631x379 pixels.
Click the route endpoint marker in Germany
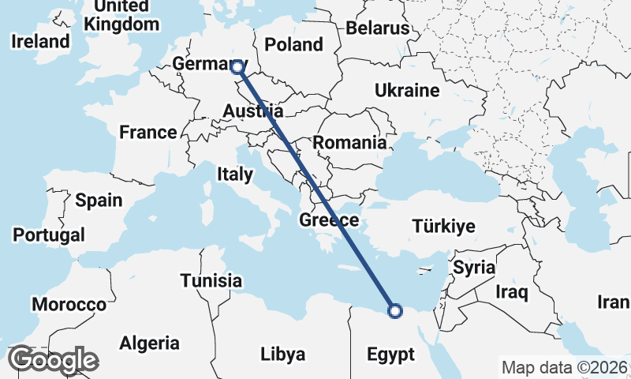pyautogui.click(x=236, y=68)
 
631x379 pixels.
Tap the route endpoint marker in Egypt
pyautogui.click(x=396, y=311)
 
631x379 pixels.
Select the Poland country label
pyautogui.click(x=293, y=44)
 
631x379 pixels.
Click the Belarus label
pyautogui.click(x=378, y=29)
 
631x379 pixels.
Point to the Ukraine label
pyautogui.click(x=407, y=91)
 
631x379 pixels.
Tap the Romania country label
pyautogui.click(x=349, y=143)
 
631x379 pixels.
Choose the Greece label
pyautogui.click(x=329, y=220)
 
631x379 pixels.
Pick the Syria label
pyautogui.click(x=473, y=268)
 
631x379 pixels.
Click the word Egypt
pyautogui.click(x=390, y=355)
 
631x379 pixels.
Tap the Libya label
pyautogui.click(x=282, y=355)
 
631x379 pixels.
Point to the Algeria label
pyautogui.click(x=149, y=343)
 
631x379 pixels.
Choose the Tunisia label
pyautogui.click(x=211, y=280)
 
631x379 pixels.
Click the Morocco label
pyautogui.click(x=69, y=304)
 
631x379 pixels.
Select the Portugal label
pyautogui.click(x=49, y=235)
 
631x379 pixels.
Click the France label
pyautogui.click(x=148, y=132)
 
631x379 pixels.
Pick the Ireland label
pyautogui.click(x=40, y=41)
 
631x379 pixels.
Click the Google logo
pyautogui.click(x=53, y=360)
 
